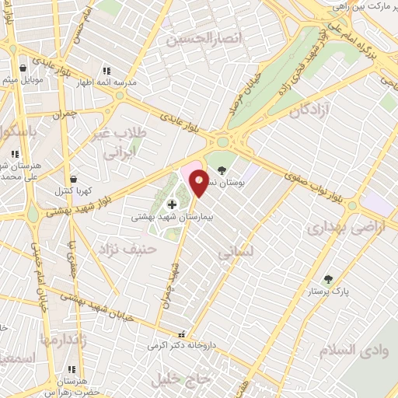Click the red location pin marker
click(x=200, y=182)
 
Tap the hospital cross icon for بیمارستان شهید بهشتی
click(x=171, y=204)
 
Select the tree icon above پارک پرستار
click(x=328, y=278)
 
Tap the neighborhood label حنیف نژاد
click(x=127, y=248)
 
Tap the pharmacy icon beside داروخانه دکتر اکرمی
click(x=181, y=335)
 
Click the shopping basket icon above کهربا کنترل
click(x=73, y=179)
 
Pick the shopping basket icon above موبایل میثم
click(x=22, y=68)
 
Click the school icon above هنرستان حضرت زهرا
click(x=72, y=370)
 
